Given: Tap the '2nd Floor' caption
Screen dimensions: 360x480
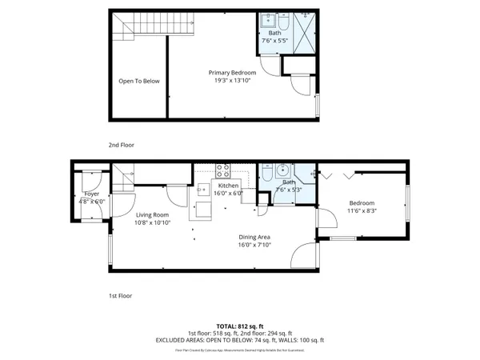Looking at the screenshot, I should (122, 145).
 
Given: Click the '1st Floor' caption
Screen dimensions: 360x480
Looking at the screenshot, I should (120, 295).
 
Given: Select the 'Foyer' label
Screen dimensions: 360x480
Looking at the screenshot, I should (91, 194).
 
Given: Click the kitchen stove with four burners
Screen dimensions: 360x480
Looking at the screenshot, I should (223, 170).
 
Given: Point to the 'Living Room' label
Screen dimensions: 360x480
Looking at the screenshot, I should (151, 214).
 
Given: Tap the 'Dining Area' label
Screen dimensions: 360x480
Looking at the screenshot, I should (254, 236).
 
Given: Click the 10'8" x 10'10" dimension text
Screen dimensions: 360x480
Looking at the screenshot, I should (151, 222).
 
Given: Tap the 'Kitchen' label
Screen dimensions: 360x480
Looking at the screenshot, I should (229, 185).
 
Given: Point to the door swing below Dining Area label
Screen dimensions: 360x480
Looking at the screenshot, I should (302, 257).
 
